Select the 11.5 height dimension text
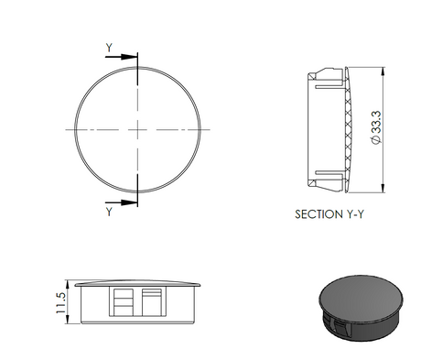point(61,302)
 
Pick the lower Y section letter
point(110,212)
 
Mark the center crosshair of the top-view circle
point(138,129)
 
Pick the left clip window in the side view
point(121,300)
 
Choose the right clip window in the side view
point(152,300)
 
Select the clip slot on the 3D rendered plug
point(336,325)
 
